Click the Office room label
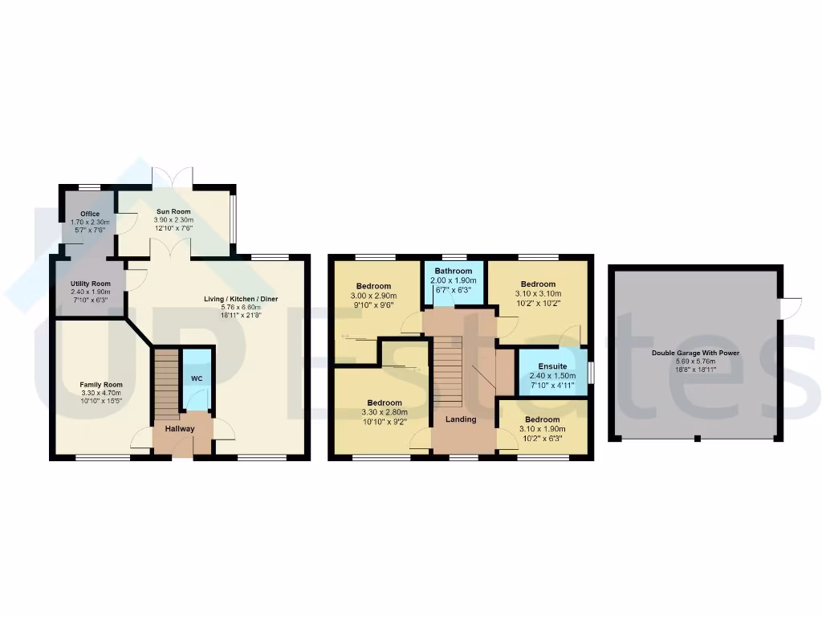[x=90, y=214]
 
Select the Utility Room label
[x=90, y=284]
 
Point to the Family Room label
[x=100, y=386]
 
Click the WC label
[x=197, y=378]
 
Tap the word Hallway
[x=180, y=429]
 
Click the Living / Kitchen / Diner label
[x=241, y=300]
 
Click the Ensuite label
[x=552, y=366]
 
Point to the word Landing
[x=461, y=419]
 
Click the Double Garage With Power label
[x=696, y=353]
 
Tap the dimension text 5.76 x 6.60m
[x=241, y=308]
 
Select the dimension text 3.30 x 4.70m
[x=100, y=394]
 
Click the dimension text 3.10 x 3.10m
[x=538, y=293]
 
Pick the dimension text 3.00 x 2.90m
[x=374, y=296]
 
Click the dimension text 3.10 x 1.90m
[x=543, y=429]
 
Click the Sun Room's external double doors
[x=173, y=178]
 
